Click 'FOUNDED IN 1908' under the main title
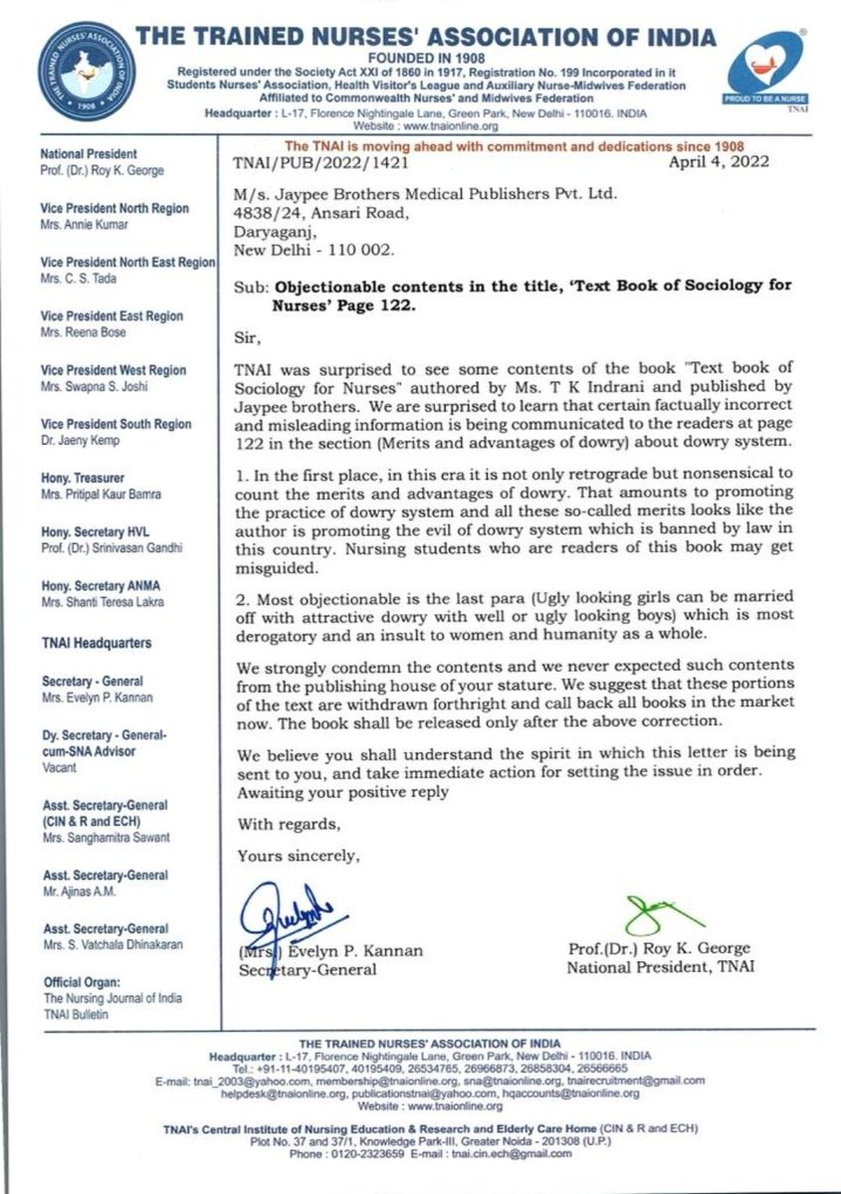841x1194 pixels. tap(425, 60)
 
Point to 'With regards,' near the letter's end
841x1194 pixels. tap(288, 825)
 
